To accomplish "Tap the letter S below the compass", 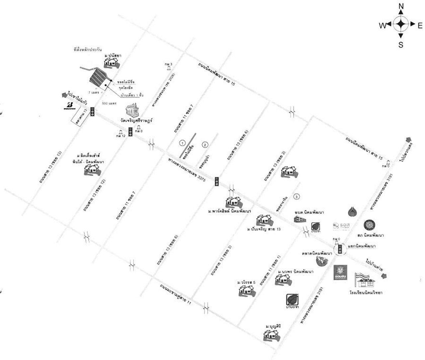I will pos(401,45).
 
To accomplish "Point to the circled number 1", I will pos(182,143).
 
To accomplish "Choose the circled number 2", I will pos(205,145).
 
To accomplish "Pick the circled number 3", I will pos(297,196).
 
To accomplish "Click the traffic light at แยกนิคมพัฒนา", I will pos(340,249).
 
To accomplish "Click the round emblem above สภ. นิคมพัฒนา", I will pos(369,225).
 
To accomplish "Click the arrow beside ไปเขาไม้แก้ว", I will pos(63,95).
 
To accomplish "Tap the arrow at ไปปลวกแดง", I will pos(408,139).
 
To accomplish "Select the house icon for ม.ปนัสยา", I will pos(111,63).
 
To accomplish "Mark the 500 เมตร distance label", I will pos(109,103).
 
